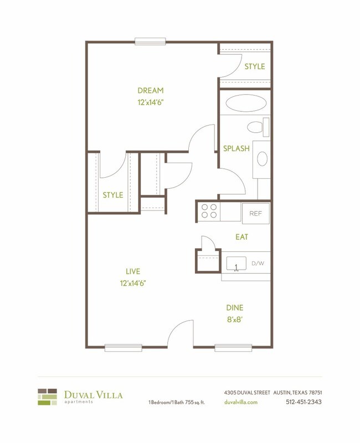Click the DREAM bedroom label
point(151,91)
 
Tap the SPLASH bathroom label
point(236,148)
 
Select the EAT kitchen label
point(242,237)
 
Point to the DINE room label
point(234,308)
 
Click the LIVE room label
point(133,271)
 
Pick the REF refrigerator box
point(256,213)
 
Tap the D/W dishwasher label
point(258,264)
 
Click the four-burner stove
point(209,212)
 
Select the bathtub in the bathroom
point(245,104)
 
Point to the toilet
point(256,127)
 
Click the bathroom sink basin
point(262,159)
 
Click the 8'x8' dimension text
point(234,319)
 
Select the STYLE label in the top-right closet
point(255,66)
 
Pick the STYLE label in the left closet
point(113,195)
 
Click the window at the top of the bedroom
point(150,41)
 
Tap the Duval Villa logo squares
point(48,397)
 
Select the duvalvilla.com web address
point(241,402)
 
